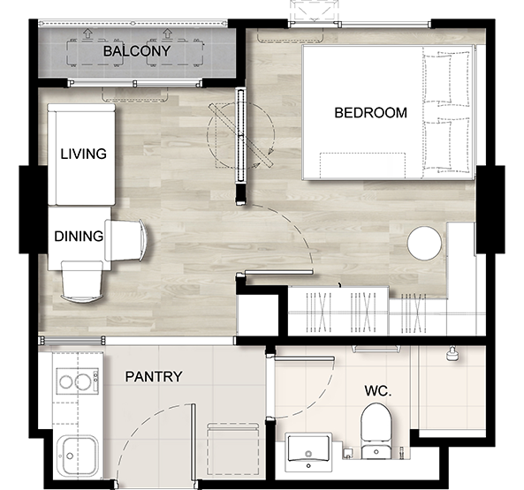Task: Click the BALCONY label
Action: [137, 51]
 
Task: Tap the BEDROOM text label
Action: [370, 113]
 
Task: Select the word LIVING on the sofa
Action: [84, 154]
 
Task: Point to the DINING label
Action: [79, 237]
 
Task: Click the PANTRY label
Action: [154, 377]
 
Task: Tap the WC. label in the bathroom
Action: [378, 390]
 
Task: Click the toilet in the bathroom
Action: [376, 431]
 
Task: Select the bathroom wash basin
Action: [308, 452]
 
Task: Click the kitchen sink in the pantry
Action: [77, 455]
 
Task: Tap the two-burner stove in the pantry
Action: [78, 381]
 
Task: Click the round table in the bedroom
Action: [424, 244]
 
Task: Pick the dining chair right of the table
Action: [125, 240]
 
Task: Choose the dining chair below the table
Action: [81, 282]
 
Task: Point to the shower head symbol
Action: [452, 354]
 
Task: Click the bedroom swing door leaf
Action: [279, 273]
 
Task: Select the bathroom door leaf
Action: [304, 358]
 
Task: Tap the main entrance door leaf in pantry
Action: [193, 442]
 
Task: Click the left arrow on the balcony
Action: [87, 33]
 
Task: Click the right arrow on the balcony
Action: [166, 33]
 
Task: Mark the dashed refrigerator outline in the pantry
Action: [233, 449]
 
